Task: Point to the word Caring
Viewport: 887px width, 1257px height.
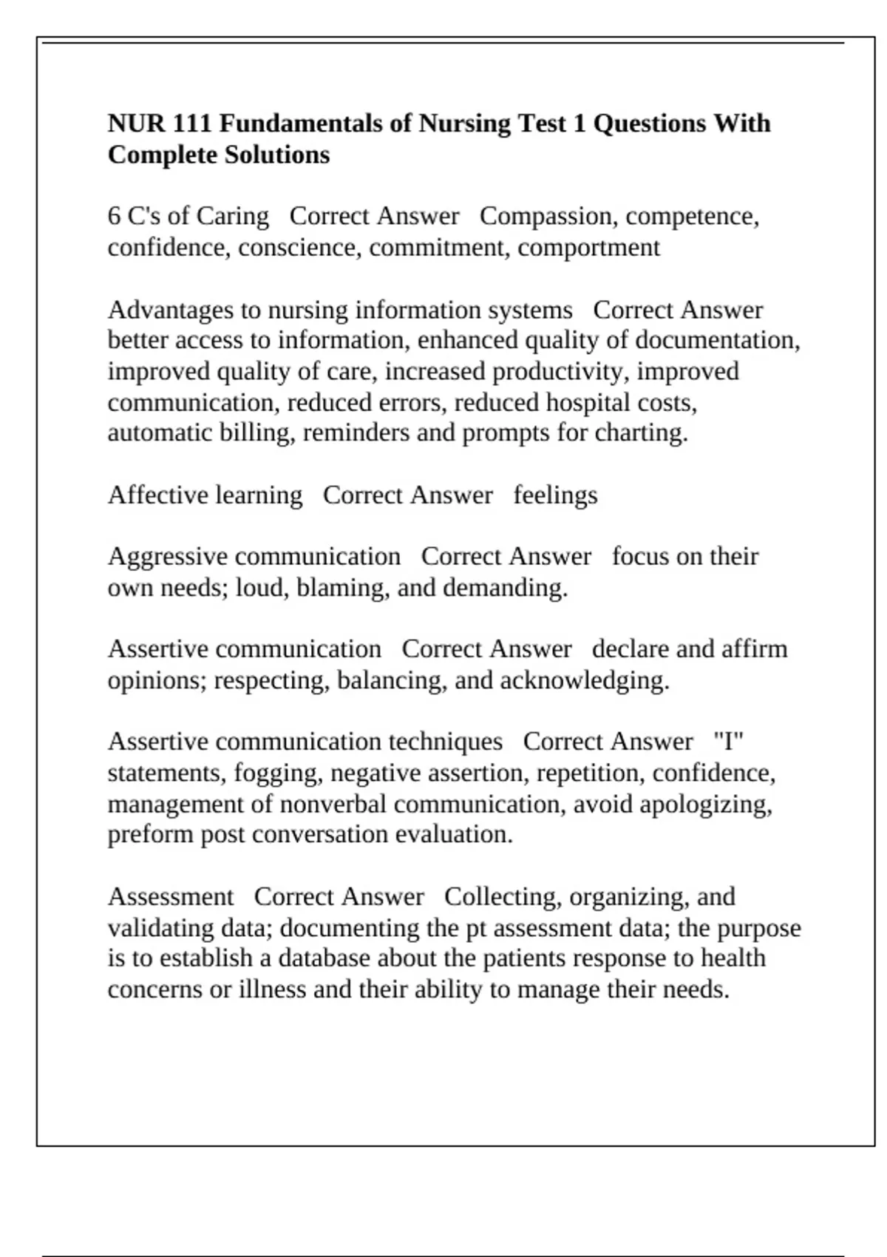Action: click(x=232, y=216)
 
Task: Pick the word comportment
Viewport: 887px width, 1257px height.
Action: click(x=588, y=247)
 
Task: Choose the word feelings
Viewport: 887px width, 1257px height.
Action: click(x=555, y=495)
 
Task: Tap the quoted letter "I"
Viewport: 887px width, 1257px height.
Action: click(x=728, y=742)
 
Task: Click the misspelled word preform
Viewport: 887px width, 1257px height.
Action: click(x=151, y=835)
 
